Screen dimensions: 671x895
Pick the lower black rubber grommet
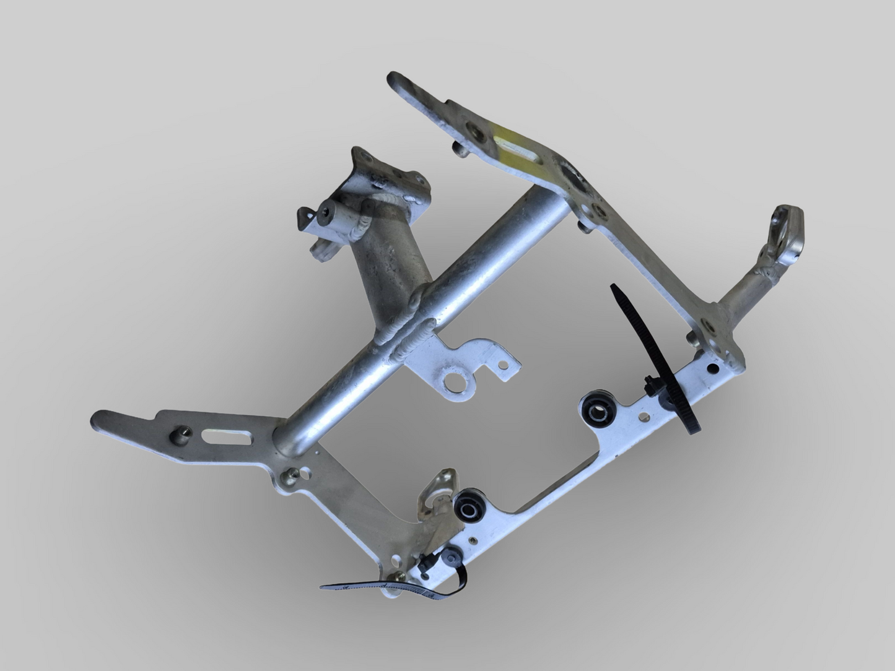468,509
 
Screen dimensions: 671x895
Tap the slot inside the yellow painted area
515,148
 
